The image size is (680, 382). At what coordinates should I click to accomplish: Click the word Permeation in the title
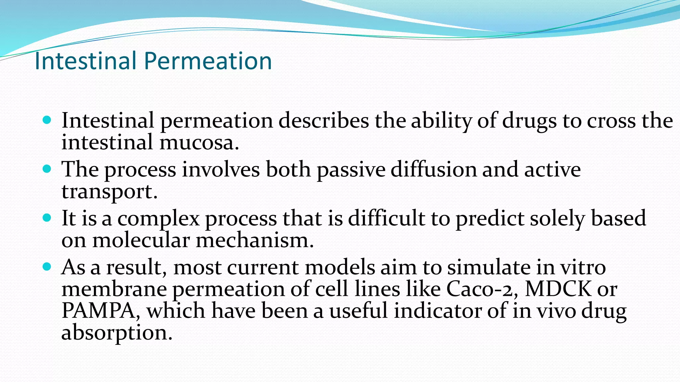pos(208,61)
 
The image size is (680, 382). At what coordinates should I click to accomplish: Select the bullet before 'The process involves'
pos(47,169)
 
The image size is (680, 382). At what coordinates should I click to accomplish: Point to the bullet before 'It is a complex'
pos(47,218)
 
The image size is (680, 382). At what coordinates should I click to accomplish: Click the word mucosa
pos(199,143)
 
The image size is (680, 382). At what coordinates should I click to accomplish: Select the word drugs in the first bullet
pos(529,121)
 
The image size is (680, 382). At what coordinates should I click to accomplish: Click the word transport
pos(109,192)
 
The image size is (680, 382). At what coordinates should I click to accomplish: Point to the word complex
pos(158,219)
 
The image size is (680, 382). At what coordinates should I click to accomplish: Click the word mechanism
pos(254,240)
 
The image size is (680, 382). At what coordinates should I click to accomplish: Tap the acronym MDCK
pos(558,289)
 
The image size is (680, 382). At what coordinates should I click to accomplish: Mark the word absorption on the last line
pos(117,333)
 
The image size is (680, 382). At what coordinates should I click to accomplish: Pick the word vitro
pos(583,267)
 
